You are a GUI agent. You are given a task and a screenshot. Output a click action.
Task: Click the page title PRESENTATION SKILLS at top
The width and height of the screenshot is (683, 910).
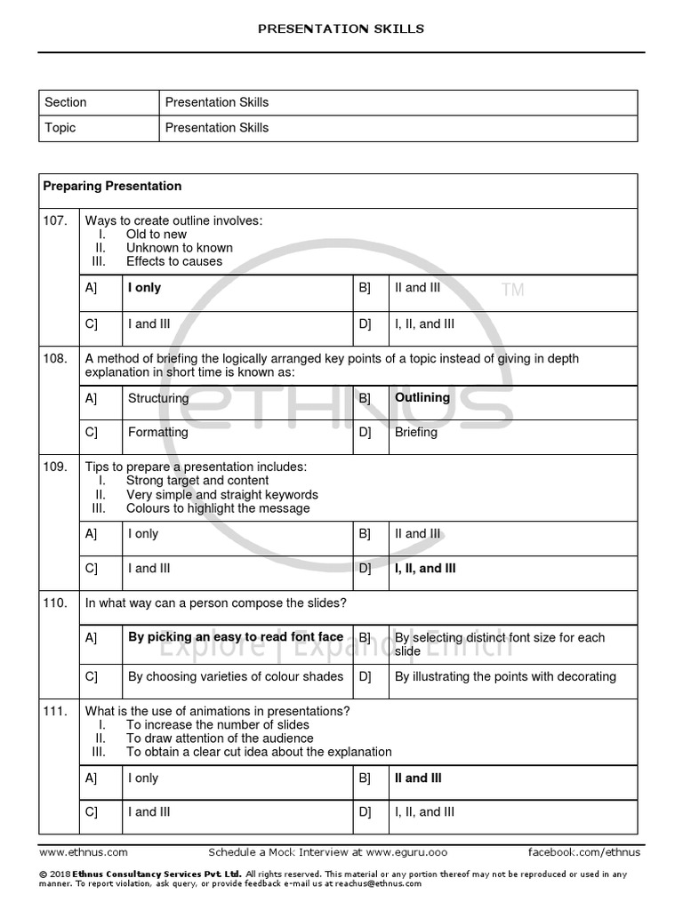click(x=341, y=28)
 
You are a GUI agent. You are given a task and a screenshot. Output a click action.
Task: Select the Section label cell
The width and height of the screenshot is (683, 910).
click(x=66, y=102)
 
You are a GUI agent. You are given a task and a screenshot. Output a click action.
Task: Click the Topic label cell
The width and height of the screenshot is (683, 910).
click(x=60, y=128)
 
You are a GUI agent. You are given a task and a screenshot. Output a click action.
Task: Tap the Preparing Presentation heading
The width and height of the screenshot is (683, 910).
click(x=112, y=187)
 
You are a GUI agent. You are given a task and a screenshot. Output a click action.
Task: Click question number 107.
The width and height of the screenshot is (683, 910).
click(x=55, y=220)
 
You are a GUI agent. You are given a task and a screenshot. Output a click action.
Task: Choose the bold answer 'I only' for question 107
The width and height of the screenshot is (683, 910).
click(x=145, y=288)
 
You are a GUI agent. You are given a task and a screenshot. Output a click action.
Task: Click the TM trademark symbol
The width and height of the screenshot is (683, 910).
click(x=512, y=291)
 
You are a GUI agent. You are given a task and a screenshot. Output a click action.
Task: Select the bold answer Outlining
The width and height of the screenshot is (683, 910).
click(x=422, y=398)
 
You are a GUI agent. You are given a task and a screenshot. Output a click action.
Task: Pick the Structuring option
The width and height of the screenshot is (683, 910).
click(x=158, y=399)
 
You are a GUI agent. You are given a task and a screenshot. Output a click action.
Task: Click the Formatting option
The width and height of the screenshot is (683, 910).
click(x=158, y=433)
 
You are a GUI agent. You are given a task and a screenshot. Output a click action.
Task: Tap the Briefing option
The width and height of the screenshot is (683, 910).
click(x=416, y=433)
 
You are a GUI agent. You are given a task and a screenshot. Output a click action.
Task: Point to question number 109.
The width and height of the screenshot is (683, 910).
click(x=55, y=467)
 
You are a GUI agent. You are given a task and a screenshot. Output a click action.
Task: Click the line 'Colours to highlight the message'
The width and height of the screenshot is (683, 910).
click(x=218, y=508)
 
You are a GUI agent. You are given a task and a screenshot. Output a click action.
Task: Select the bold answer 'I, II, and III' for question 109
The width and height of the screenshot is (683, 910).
click(x=425, y=569)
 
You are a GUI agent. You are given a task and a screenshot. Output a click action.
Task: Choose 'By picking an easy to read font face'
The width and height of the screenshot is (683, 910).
click(x=236, y=637)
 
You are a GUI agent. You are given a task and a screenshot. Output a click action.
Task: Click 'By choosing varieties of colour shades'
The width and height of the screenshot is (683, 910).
click(x=236, y=677)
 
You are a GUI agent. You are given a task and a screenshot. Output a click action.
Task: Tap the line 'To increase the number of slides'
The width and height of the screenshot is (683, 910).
click(x=218, y=725)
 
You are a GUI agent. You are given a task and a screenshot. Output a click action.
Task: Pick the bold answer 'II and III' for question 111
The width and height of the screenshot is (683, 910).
click(x=418, y=778)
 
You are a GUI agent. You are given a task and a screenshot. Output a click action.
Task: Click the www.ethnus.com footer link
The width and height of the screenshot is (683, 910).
click(x=84, y=851)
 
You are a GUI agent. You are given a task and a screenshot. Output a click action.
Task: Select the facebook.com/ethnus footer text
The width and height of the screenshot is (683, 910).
click(x=583, y=851)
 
